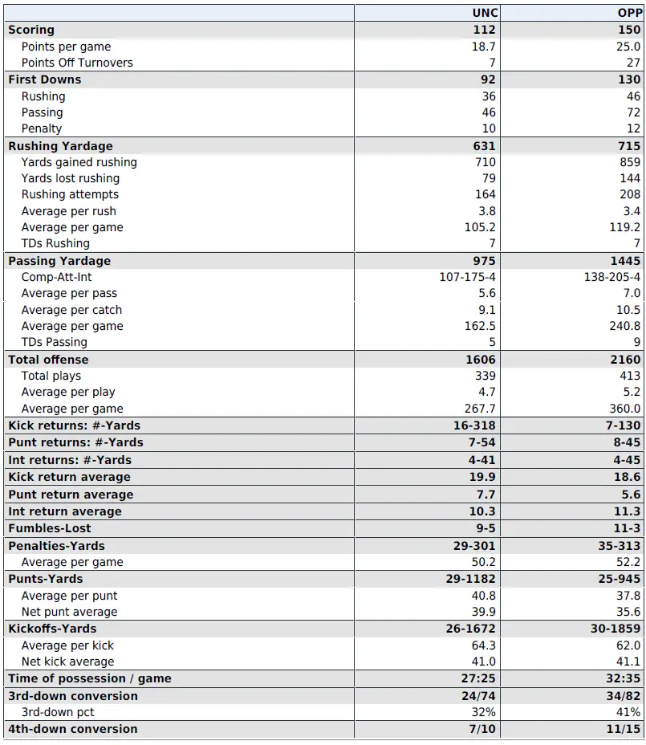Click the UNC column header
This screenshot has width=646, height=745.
[484, 13]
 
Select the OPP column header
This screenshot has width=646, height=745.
[629, 13]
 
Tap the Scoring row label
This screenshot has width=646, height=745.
[31, 30]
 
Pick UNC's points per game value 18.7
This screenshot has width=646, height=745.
[485, 47]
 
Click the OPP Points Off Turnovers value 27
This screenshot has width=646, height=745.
[633, 63]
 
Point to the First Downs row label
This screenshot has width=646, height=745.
[45, 79]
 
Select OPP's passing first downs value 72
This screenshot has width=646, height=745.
[633, 112]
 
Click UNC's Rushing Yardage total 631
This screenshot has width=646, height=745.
[484, 146]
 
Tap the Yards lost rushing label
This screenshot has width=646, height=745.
[71, 178]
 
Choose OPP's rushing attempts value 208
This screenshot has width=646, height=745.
[630, 194]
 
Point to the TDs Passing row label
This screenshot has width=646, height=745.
[55, 342]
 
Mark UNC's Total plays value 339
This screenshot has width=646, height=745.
[485, 376]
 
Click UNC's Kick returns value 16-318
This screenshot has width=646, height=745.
[474, 425]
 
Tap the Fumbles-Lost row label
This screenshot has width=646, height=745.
[50, 528]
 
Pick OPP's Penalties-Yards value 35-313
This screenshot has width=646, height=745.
[617, 546]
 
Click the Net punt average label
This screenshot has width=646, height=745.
[69, 612]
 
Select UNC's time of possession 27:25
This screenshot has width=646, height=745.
[479, 678]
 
